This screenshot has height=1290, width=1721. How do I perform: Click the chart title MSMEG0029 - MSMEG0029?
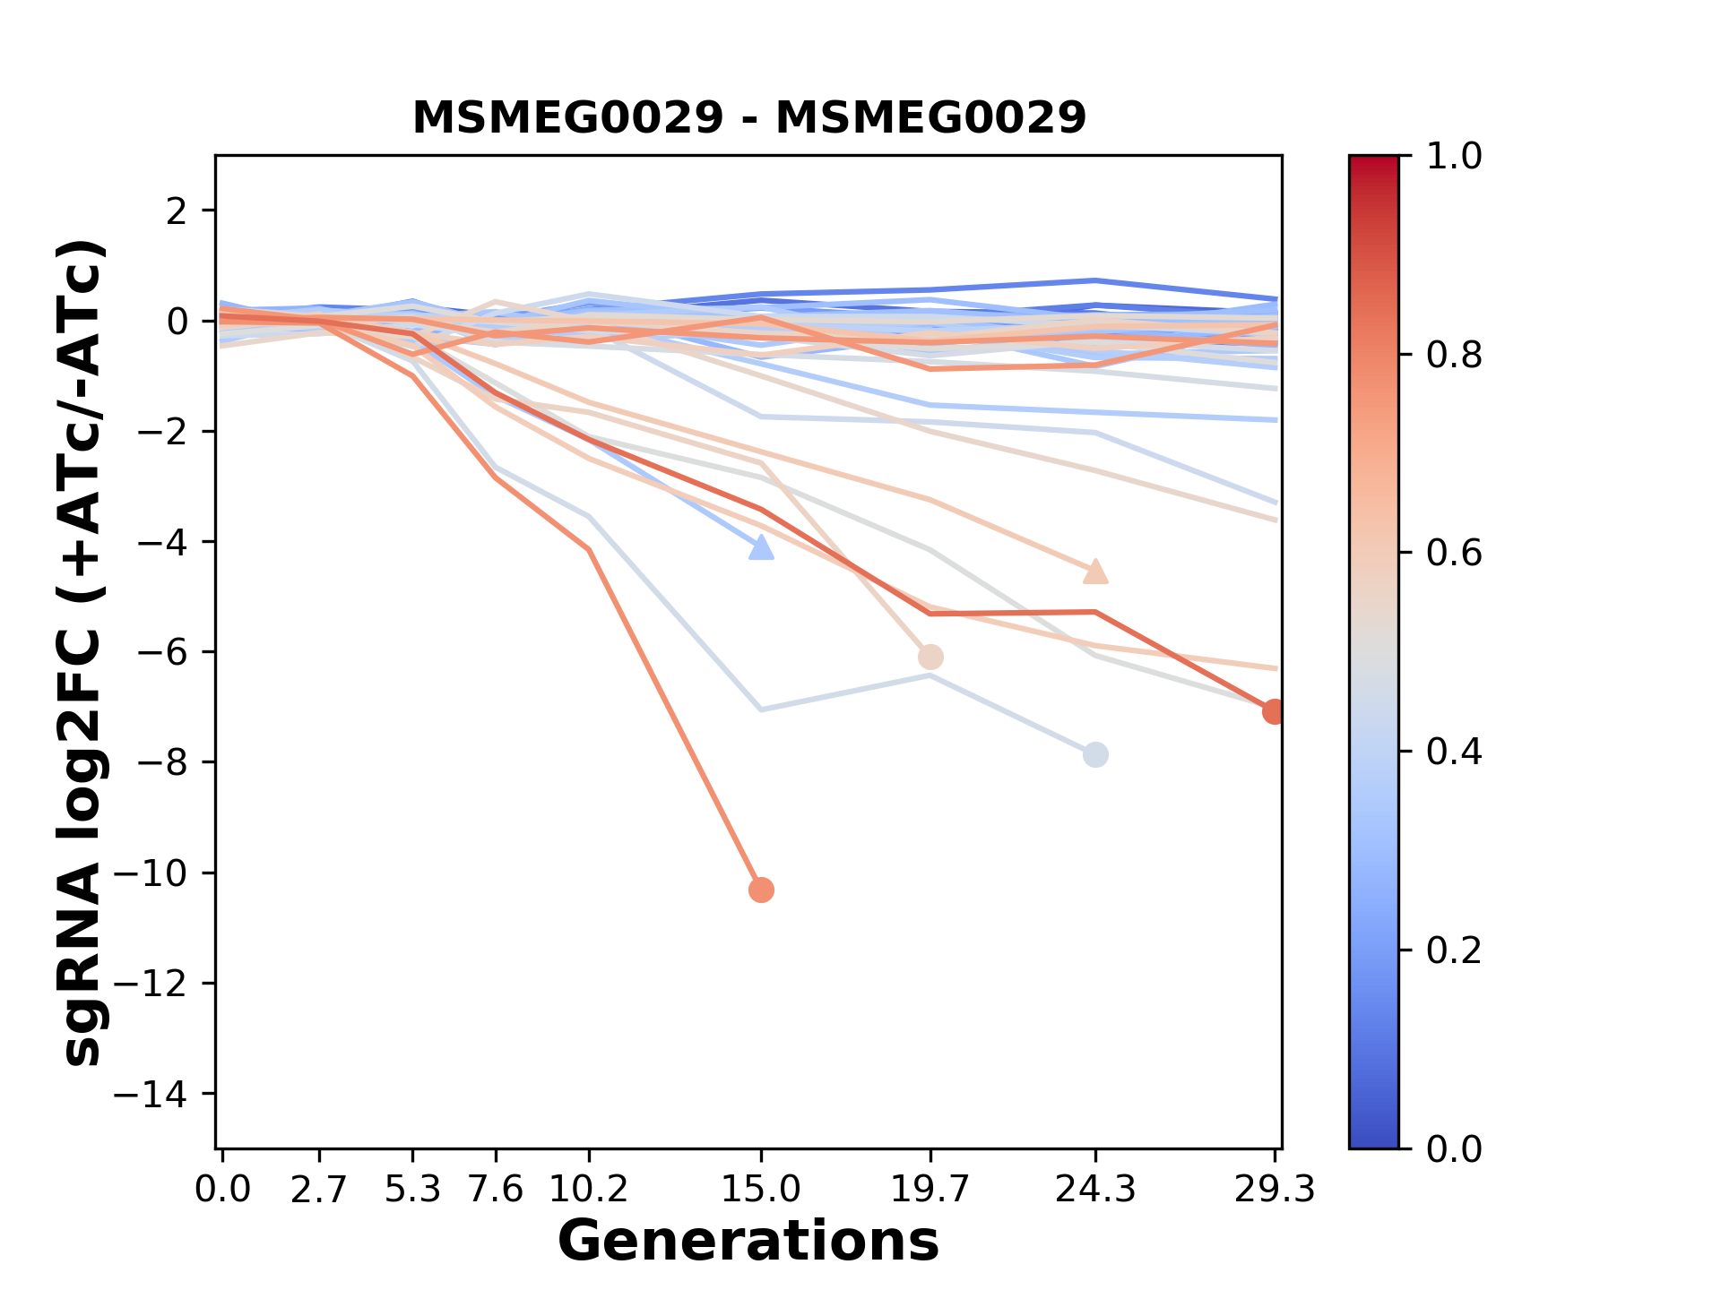click(748, 117)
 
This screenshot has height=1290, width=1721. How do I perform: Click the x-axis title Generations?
click(748, 1242)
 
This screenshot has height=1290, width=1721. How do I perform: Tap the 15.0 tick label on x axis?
click(761, 1190)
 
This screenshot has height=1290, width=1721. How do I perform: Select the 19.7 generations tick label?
click(930, 1190)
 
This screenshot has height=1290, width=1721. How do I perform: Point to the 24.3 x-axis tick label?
click(1095, 1190)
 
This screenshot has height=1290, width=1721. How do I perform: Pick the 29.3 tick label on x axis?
click(1274, 1190)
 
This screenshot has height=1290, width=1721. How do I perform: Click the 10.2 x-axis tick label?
click(588, 1190)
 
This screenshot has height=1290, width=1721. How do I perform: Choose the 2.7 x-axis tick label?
click(319, 1190)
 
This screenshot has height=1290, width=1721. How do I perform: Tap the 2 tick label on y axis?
click(177, 211)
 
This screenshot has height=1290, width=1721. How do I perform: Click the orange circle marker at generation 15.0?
click(761, 890)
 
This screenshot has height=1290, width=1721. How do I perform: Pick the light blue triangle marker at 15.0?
click(761, 548)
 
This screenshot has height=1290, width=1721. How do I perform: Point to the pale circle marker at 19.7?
click(930, 657)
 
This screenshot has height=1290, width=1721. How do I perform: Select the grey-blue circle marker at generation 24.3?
click(1095, 754)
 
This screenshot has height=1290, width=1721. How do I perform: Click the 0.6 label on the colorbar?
click(1454, 554)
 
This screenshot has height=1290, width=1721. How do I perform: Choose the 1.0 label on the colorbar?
click(1454, 157)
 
